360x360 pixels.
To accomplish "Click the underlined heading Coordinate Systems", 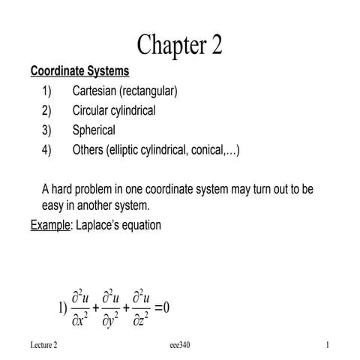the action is click(x=80, y=72).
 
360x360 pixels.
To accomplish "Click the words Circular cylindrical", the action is click(x=114, y=111).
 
